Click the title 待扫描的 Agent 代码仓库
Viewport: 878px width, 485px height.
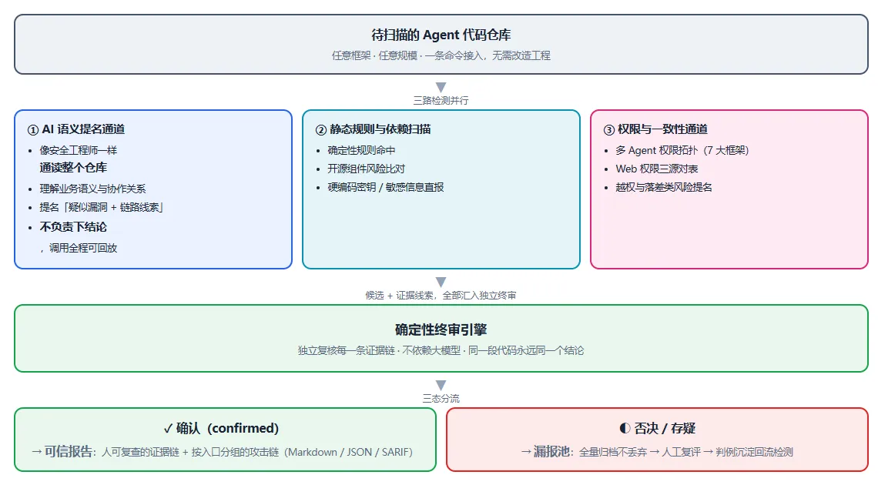click(441, 35)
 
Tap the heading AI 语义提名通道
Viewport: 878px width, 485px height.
click(83, 129)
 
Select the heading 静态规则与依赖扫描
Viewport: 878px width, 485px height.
click(380, 129)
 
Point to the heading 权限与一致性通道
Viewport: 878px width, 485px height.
click(662, 129)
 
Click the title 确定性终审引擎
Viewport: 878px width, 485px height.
click(441, 329)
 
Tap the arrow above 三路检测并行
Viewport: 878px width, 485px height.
click(441, 87)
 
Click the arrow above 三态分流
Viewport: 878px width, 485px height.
click(441, 386)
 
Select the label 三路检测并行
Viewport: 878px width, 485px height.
click(441, 101)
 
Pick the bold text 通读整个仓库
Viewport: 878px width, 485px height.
click(73, 167)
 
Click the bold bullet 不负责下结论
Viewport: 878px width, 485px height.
click(73, 226)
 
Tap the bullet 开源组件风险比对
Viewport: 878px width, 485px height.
click(366, 169)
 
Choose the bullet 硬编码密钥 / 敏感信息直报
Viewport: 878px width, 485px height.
click(386, 187)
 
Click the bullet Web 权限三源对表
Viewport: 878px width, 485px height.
click(657, 169)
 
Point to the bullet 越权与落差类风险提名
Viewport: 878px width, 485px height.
click(664, 187)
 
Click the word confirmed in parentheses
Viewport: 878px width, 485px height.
click(243, 429)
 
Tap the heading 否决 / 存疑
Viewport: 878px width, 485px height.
click(665, 429)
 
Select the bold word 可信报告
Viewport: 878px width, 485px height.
click(69, 451)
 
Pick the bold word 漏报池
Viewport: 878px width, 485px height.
click(551, 451)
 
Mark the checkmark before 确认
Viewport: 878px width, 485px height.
click(168, 429)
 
